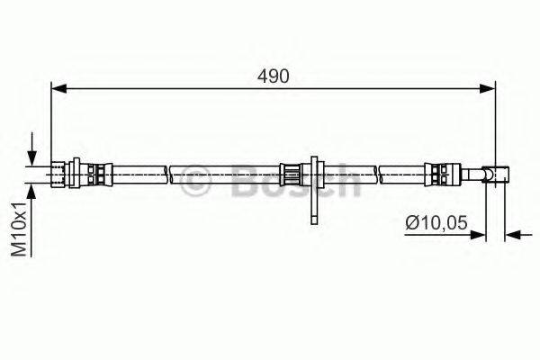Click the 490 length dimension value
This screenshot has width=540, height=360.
click(274, 76)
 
